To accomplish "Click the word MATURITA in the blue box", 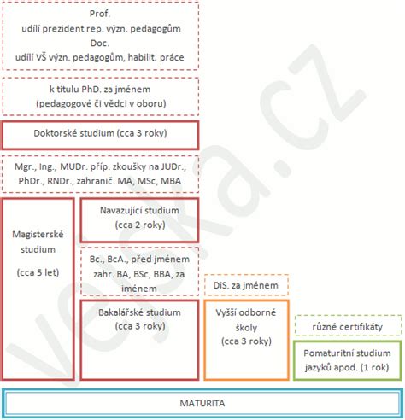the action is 202,403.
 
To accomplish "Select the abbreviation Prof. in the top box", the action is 100,14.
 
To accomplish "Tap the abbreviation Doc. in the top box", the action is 100,43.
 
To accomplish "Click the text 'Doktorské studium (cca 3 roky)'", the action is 100,133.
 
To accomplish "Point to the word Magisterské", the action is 38,235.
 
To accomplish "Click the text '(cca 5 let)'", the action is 38,272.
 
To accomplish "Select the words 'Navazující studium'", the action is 139,211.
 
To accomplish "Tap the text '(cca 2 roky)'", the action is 140,225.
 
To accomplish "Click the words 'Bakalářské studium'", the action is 139,312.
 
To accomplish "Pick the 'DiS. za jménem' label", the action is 246,285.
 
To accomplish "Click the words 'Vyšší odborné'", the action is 246,312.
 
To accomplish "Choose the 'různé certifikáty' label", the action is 348,327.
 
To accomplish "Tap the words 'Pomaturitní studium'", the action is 347,353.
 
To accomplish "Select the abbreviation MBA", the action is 171,181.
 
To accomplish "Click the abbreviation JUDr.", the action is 173,166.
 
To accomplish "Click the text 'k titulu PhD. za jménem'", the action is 100,90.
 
